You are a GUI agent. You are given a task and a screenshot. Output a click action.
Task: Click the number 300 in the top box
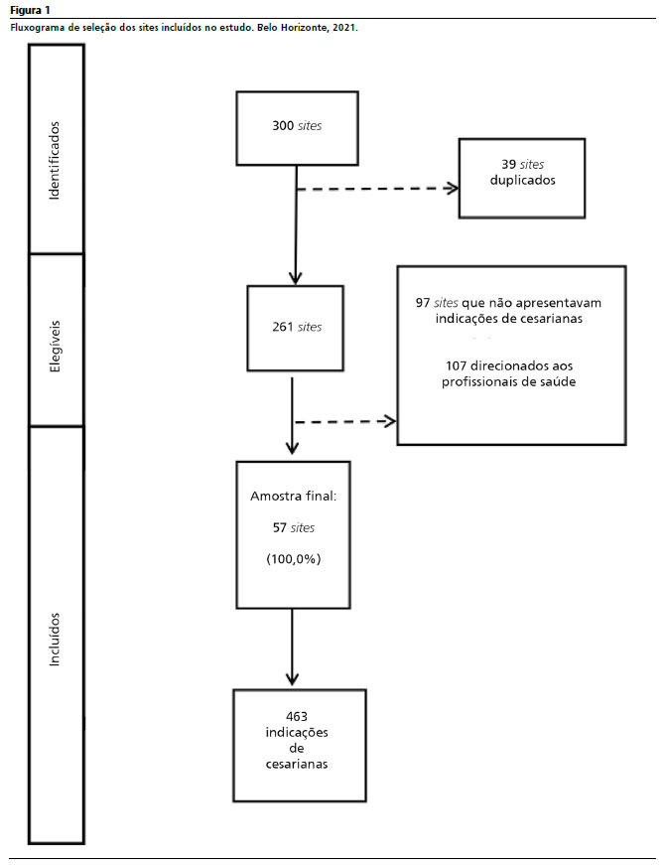point(283,126)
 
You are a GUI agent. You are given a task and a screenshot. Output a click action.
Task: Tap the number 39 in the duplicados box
point(508,165)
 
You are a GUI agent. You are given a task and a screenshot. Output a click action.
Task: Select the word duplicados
point(523,181)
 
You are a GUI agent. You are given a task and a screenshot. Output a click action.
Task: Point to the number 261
point(283,327)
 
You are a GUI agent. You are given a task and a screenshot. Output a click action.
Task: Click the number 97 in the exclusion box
point(423,303)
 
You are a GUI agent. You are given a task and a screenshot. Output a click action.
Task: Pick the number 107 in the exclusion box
point(457,365)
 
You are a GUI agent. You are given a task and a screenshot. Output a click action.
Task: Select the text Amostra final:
point(294,497)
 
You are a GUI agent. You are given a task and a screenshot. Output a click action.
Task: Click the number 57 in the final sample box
point(280,528)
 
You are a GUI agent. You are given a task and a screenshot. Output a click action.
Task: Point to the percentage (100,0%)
point(294,559)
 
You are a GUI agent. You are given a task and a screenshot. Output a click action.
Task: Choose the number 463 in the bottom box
point(297,717)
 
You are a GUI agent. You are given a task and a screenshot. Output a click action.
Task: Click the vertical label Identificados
point(54,160)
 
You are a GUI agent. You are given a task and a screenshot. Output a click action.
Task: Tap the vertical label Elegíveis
point(55,347)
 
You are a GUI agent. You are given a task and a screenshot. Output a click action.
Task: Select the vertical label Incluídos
point(55,640)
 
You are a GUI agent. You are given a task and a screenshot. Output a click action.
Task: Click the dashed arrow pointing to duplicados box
point(377,189)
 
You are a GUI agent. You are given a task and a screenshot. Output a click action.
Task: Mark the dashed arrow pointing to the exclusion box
point(345,422)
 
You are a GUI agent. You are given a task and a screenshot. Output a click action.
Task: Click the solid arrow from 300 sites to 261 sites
point(296,225)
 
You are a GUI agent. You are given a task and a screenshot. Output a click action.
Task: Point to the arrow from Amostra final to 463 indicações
point(292,648)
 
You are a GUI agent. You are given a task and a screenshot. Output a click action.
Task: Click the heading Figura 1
point(30,10)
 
